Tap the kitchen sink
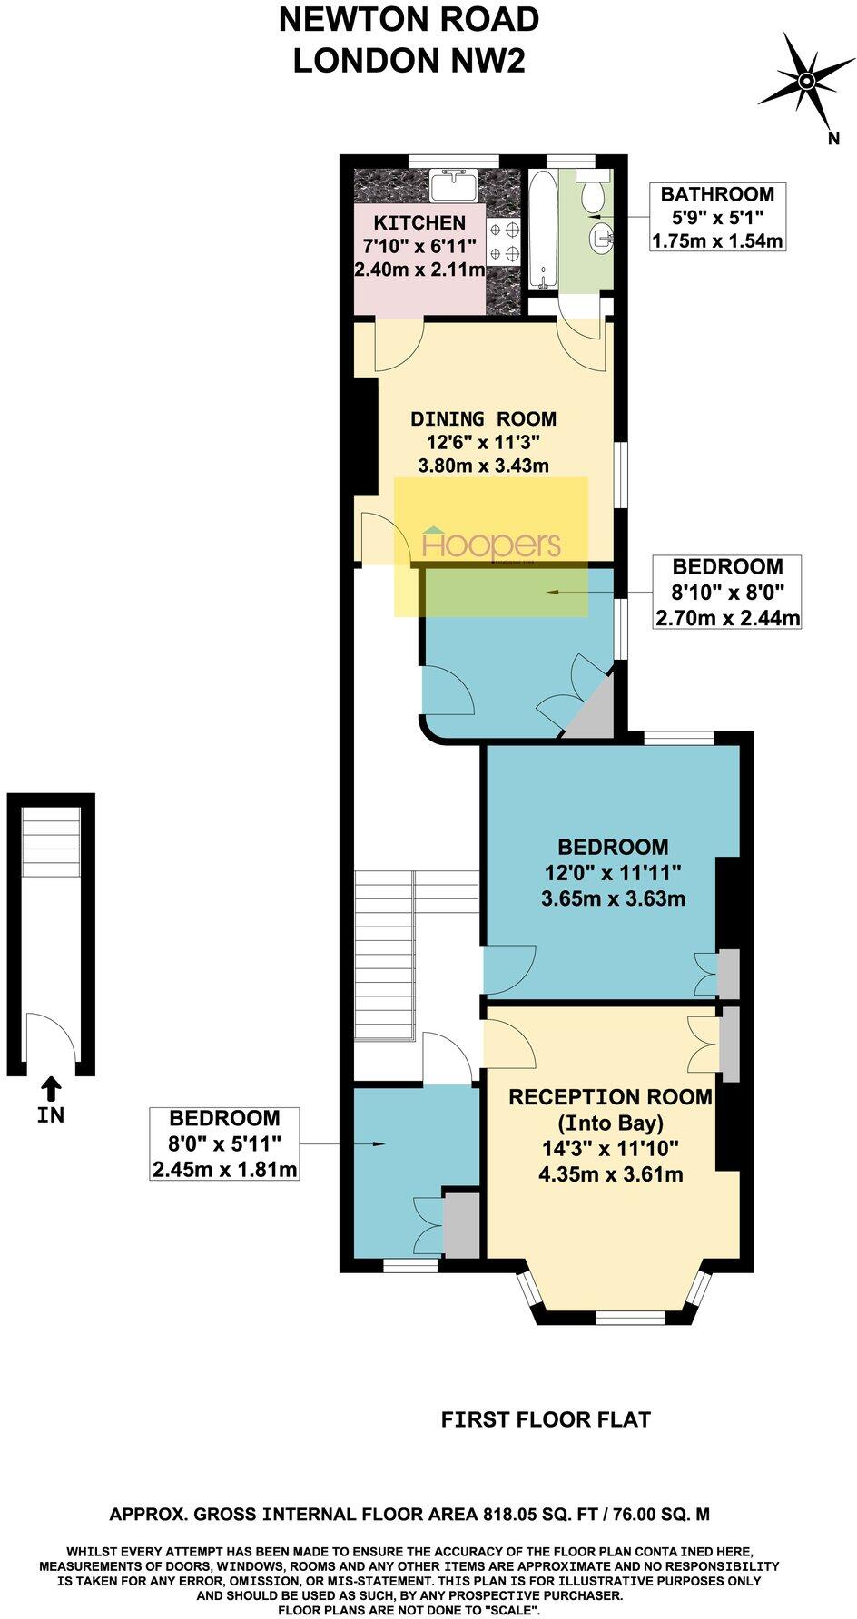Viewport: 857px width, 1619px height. tap(453, 187)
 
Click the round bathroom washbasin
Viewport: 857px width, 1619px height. tap(600, 239)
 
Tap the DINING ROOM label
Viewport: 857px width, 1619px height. tap(483, 419)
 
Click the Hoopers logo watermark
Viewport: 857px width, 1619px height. tap(492, 545)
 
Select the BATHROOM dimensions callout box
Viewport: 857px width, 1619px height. tap(717, 217)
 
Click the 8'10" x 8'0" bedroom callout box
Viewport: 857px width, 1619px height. tap(727, 593)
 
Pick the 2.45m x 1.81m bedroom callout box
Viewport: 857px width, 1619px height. tap(225, 1144)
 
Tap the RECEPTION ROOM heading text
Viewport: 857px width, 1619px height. tap(610, 1097)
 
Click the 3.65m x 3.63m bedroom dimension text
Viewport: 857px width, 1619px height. tap(613, 899)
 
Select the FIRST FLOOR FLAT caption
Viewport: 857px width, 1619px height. tap(546, 1418)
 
